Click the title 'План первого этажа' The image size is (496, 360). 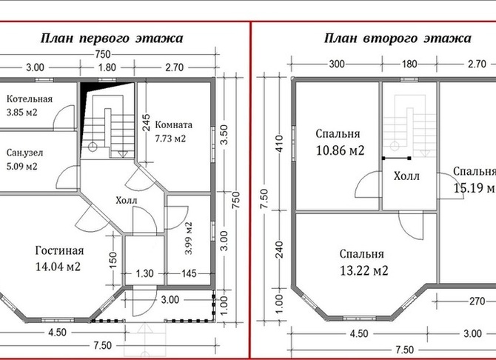pos(112,39)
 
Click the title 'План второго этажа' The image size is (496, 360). pos(398,39)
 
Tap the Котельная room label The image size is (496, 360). pos(30,99)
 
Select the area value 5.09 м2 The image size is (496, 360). pos(21,166)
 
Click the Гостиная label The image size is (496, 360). pos(59,250)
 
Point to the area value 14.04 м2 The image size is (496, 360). pos(58,266)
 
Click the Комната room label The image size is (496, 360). pos(174,124)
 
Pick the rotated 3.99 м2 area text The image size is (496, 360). pos(189,238)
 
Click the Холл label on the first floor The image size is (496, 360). pos(127,200)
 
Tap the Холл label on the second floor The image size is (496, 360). pos(406,176)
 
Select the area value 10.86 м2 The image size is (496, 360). pos(340,150)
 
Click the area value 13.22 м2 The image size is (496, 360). pos(363,270)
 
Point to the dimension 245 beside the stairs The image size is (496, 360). pos(146,122)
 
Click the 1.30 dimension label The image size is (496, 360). pos(144,273)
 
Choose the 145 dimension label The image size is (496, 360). pos(189,273)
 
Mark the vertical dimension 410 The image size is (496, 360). pos(279,143)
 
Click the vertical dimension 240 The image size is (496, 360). pos(279,250)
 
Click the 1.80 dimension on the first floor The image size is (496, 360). pos(107,67)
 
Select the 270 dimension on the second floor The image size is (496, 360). pos(477,301)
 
